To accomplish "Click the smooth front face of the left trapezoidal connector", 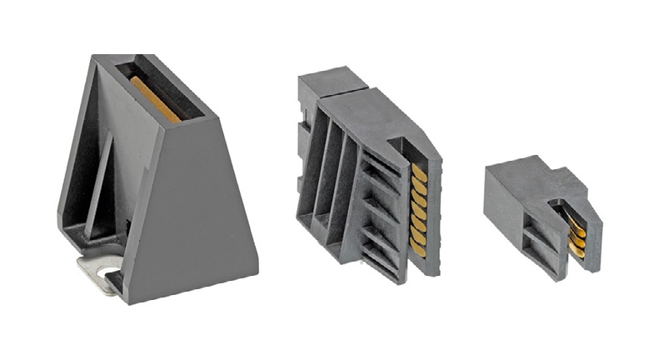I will [197, 217].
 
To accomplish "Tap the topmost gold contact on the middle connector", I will [418, 171].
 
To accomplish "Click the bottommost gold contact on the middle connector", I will [418, 247].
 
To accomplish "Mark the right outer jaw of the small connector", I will [592, 233].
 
